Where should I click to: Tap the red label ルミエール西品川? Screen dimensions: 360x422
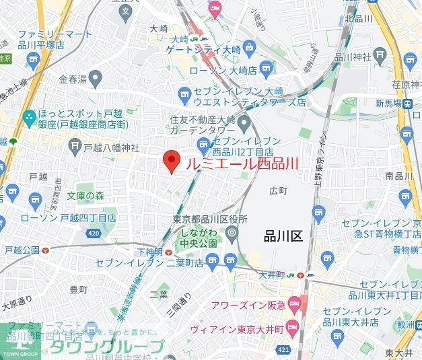(242, 164)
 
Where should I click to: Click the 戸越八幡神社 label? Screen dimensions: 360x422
(111, 147)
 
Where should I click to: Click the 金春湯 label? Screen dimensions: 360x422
(73, 79)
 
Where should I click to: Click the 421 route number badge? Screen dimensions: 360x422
(283, 351)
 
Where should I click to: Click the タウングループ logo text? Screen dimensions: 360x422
(106, 347)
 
